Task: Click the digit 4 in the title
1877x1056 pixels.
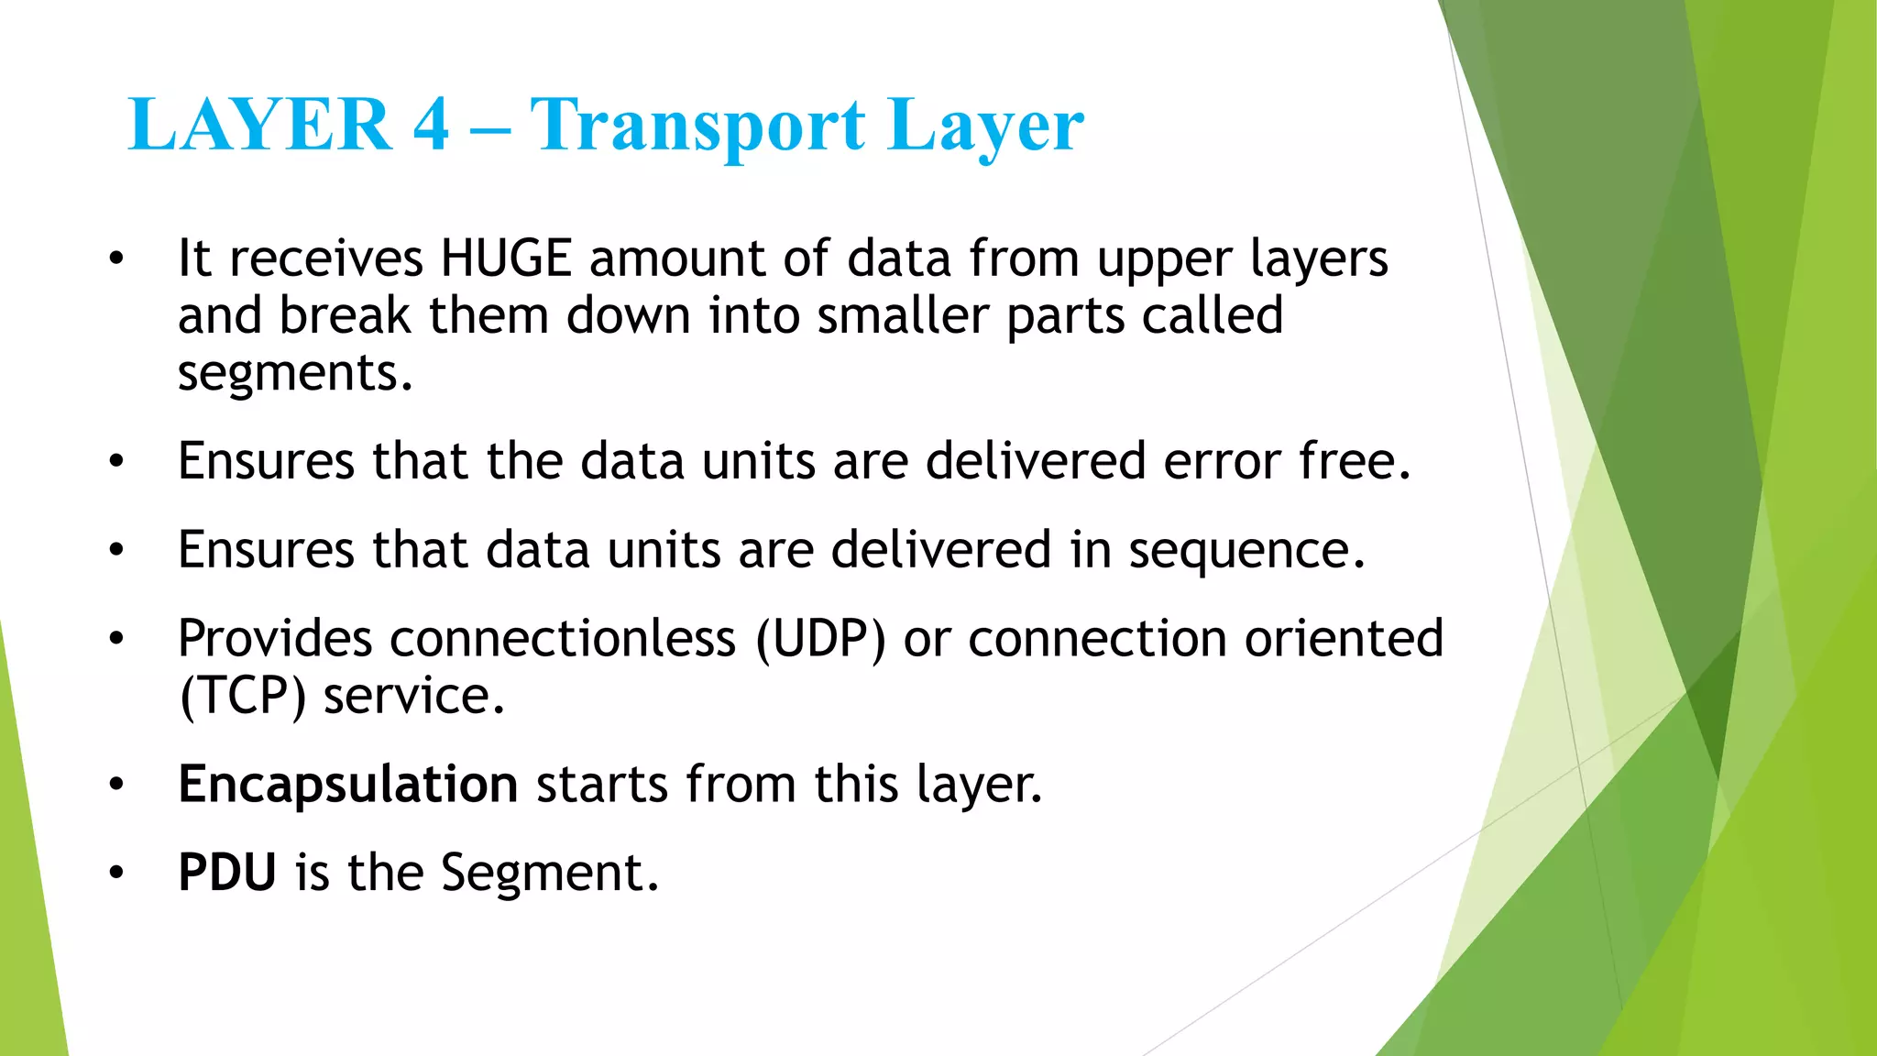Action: point(431,125)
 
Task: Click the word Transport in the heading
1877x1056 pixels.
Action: point(697,126)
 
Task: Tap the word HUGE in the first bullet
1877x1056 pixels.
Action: point(506,258)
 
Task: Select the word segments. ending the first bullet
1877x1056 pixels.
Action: point(295,374)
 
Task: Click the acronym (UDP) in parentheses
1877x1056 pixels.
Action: point(820,639)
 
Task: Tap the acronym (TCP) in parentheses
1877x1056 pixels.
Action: point(242,697)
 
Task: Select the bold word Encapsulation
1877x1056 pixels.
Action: point(348,785)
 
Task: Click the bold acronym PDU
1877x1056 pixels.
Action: point(227,873)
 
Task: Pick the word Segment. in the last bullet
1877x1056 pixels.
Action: point(550,873)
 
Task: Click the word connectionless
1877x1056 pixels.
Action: point(562,639)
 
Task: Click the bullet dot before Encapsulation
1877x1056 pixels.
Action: point(115,786)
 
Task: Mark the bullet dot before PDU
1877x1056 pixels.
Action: point(115,874)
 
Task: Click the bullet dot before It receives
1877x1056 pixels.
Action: point(115,259)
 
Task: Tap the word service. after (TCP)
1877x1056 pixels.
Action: point(414,697)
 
